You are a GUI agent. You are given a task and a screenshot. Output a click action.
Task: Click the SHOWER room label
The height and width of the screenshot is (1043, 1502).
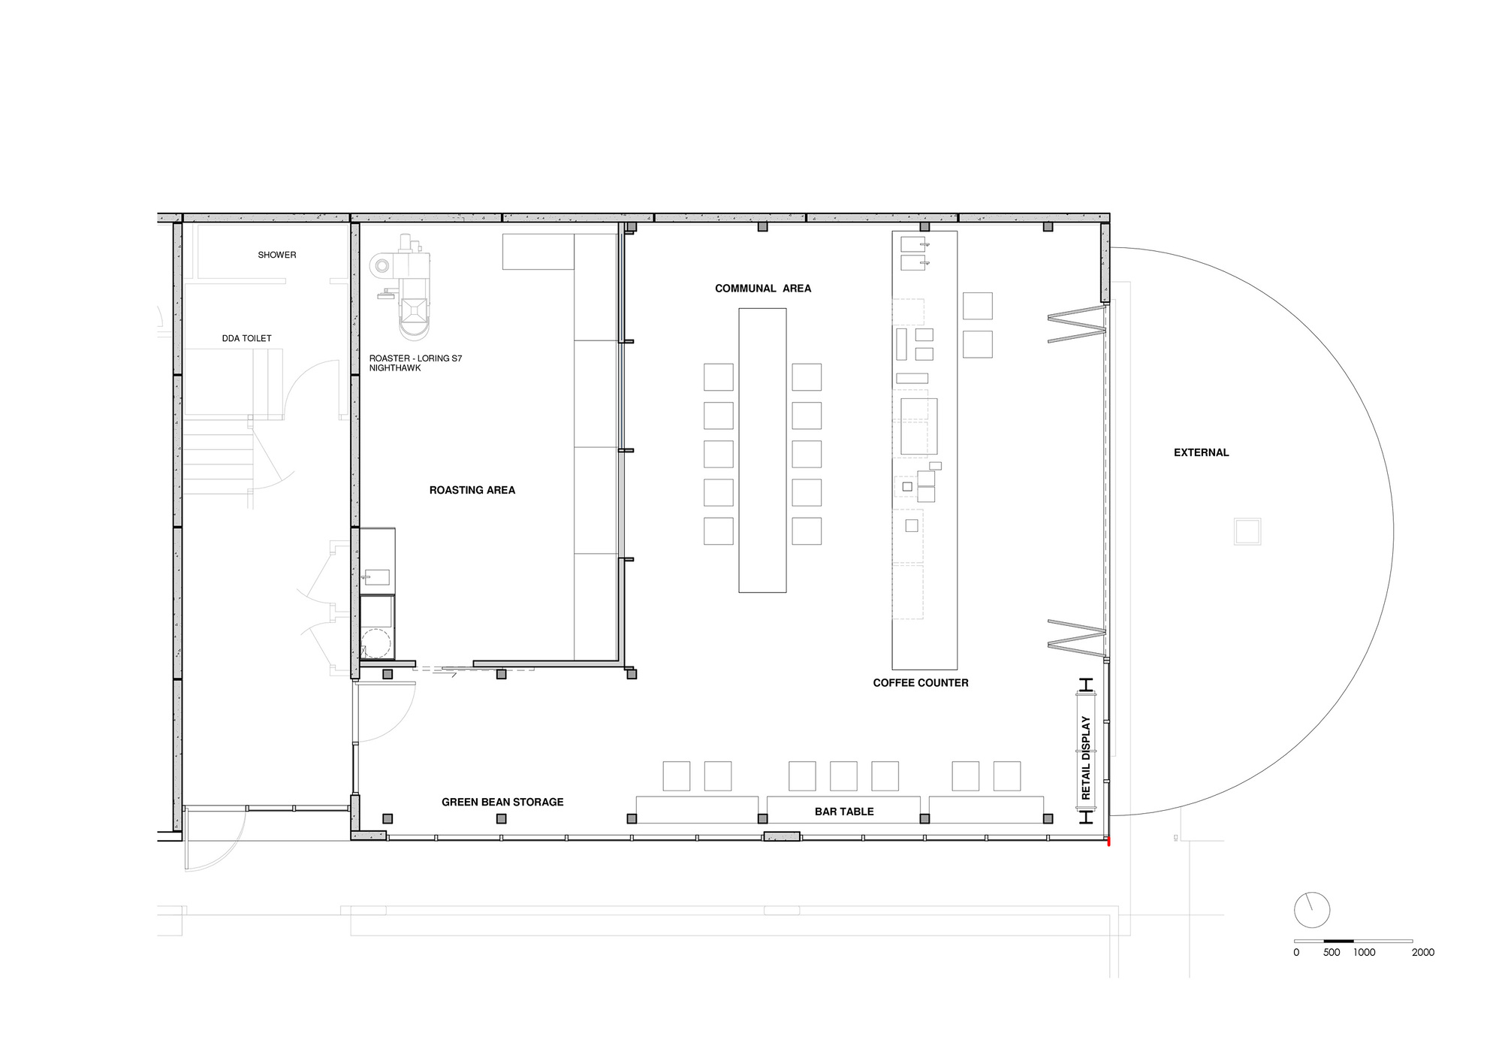click(276, 255)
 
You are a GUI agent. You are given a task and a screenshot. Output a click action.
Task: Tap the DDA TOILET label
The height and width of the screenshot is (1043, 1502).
click(246, 338)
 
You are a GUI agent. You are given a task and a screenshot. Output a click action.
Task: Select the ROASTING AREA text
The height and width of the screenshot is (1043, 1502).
click(472, 490)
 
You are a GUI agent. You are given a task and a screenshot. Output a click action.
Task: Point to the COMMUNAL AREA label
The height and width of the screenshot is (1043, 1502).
click(762, 289)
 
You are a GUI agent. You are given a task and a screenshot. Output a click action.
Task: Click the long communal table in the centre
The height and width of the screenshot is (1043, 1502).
click(762, 450)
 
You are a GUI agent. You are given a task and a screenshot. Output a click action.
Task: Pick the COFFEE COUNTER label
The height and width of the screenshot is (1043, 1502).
click(920, 683)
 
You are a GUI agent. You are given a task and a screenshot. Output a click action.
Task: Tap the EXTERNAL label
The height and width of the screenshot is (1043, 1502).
click(1201, 452)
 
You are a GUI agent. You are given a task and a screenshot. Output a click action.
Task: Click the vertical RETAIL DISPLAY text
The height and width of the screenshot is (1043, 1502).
click(1086, 757)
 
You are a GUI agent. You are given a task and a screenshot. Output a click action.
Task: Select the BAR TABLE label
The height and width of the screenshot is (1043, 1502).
click(843, 812)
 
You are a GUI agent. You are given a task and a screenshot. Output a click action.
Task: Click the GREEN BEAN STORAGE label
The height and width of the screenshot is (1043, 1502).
click(502, 802)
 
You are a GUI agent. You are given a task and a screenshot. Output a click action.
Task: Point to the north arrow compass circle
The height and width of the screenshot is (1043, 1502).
click(1311, 911)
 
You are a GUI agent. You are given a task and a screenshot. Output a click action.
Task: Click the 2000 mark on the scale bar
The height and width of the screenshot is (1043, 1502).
click(1422, 952)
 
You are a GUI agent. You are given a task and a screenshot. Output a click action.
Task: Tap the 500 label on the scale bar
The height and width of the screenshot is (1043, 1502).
click(1331, 952)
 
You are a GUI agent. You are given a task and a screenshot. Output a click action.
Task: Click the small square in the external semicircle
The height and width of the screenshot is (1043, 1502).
click(1247, 531)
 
